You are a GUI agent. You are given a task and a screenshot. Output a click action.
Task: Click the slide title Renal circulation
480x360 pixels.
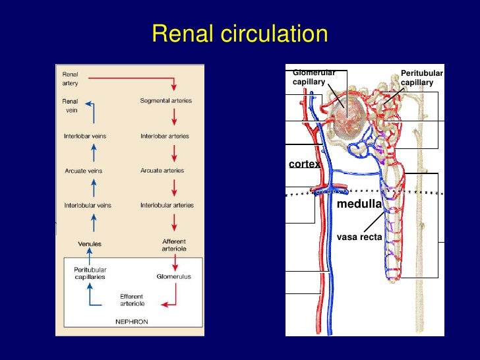point(239,34)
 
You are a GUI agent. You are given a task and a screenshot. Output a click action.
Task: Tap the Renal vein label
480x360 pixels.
point(70,105)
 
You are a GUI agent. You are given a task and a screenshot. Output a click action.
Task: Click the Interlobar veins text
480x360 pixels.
point(85,136)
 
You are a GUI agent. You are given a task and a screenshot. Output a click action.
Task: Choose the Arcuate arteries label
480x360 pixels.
point(162,171)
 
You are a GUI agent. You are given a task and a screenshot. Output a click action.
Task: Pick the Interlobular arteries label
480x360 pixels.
point(167,205)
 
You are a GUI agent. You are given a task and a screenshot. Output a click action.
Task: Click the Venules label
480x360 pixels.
point(90,244)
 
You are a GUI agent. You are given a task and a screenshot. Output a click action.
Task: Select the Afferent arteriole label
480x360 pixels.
point(173,245)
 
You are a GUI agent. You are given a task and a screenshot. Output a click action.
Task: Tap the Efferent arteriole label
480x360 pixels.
point(132,300)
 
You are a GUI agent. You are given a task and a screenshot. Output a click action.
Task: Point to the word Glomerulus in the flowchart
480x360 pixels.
point(173,277)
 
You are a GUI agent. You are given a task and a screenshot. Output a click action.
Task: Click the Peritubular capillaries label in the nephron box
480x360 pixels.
point(90,273)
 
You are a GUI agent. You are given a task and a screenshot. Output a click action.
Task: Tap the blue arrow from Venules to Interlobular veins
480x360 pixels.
point(93,224)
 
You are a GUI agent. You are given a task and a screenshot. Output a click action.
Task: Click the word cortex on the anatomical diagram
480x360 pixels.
point(304,164)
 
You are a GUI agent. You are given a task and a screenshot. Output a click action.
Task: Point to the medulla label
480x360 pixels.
point(359,204)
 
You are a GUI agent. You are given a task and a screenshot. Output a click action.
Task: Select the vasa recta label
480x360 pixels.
point(359,236)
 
